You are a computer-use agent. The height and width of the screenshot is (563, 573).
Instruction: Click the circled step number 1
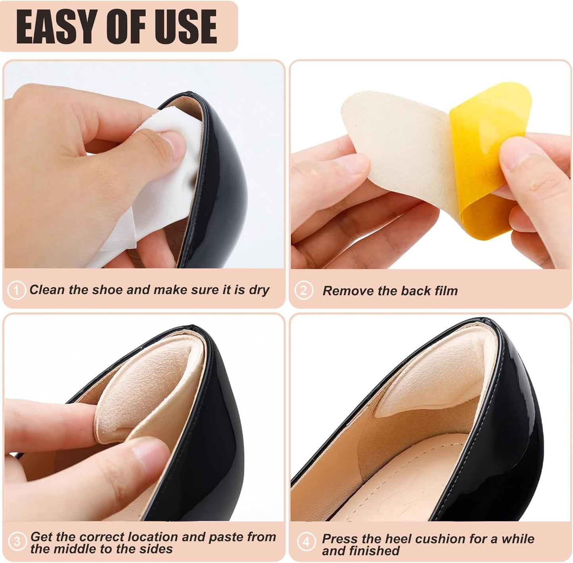(16, 291)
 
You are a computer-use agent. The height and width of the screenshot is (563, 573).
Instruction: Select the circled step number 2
(303, 291)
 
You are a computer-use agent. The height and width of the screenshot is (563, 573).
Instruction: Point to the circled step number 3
(17, 542)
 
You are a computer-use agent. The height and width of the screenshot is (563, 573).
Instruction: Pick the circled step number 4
(306, 542)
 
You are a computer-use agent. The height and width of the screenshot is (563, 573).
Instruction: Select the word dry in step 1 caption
(259, 290)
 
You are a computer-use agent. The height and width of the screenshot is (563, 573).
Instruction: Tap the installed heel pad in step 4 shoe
(432, 381)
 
